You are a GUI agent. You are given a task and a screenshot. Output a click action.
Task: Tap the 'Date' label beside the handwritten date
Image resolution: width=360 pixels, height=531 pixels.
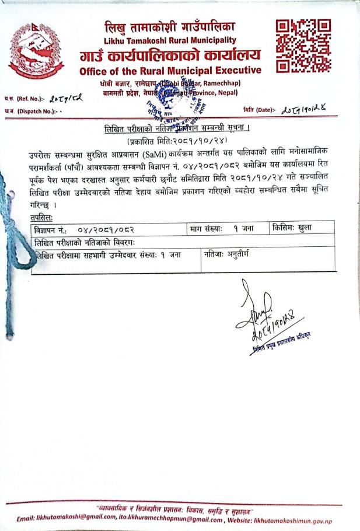tap(257, 110)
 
